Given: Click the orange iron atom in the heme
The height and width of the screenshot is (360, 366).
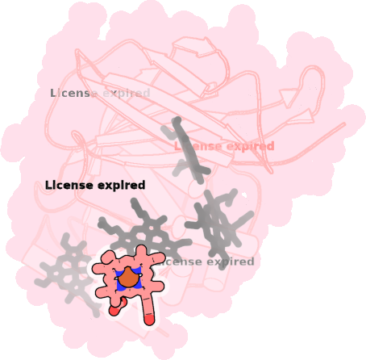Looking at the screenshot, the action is [128, 278].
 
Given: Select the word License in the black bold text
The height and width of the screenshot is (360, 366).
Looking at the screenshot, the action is [69, 185].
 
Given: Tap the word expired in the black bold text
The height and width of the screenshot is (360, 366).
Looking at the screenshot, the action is [121, 186].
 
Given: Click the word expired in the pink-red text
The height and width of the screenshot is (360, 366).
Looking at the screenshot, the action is [250, 146].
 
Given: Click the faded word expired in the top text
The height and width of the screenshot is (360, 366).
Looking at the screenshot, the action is [127, 94].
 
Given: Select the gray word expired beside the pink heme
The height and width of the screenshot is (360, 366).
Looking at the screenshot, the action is [230, 262].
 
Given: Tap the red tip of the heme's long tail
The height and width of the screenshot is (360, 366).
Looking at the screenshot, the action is [149, 320].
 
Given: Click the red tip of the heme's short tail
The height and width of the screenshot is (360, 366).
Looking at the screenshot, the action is [114, 311].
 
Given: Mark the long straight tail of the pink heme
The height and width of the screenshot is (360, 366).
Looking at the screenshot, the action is [148, 305].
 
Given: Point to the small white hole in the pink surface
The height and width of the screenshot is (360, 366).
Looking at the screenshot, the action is [244, 195].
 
